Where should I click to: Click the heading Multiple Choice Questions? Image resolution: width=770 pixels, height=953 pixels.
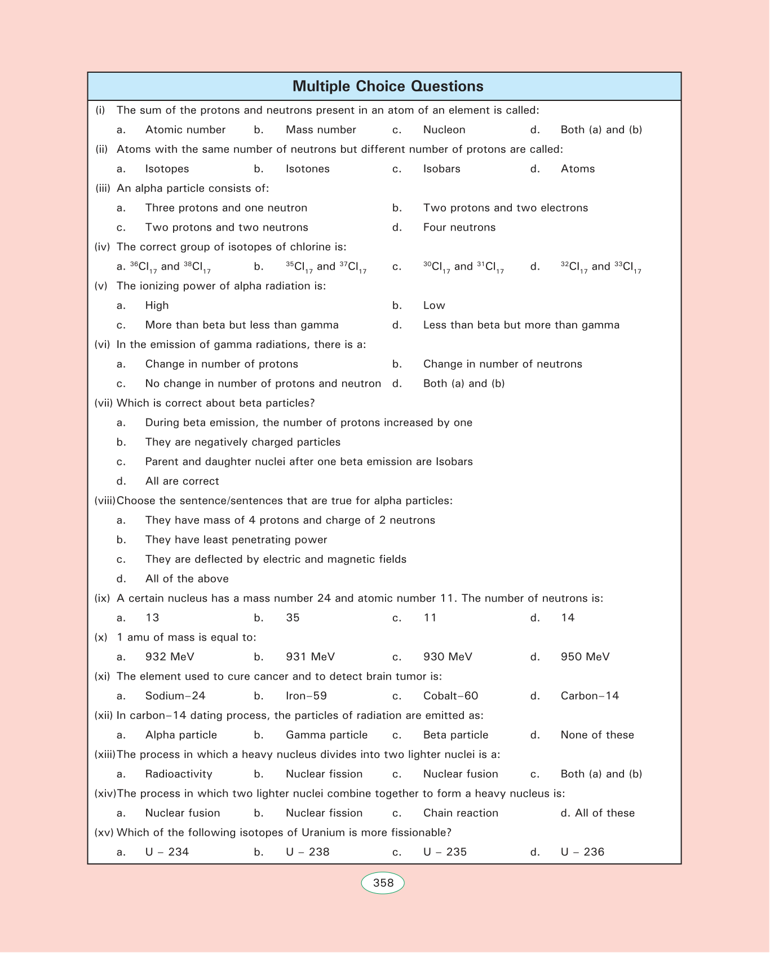coord(388,86)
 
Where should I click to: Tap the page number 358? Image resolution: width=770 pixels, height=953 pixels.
coord(383,883)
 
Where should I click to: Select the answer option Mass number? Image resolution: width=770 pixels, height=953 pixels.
coord(321,130)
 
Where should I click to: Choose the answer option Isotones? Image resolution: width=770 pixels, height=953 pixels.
coord(308,169)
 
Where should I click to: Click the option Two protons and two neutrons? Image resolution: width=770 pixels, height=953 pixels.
coord(227,227)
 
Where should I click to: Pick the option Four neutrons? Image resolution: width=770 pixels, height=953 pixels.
coord(459,227)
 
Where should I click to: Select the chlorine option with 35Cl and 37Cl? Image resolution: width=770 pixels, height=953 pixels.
coord(326,267)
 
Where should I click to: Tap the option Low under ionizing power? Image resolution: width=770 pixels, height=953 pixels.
coord(434,306)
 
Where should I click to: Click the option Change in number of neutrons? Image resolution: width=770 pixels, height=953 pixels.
coord(502,364)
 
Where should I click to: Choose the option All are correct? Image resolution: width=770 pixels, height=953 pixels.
coord(182,481)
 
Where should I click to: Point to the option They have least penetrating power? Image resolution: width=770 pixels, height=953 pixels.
coord(236,540)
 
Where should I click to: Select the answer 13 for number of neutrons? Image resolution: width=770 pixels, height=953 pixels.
coord(152,618)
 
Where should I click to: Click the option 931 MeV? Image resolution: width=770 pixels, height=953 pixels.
coord(310,657)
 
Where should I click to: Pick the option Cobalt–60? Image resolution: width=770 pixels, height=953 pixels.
coord(450,696)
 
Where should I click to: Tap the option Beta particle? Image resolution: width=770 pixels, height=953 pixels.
coord(455,735)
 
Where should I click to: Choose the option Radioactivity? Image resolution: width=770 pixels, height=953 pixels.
coord(179,774)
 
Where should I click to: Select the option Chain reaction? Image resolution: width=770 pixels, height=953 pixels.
coord(461,813)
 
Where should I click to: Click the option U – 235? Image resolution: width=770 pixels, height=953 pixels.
coord(445,852)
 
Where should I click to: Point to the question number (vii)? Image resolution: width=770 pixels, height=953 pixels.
coord(104,403)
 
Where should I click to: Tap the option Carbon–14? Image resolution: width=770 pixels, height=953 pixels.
coord(590,696)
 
